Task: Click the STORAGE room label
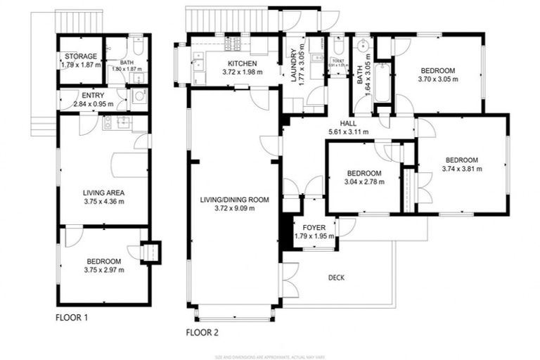[80, 56]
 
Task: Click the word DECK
[336, 278]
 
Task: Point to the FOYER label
[314, 228]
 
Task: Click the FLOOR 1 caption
[72, 317]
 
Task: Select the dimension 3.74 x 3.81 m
[461, 169]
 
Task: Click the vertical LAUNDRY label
[294, 65]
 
